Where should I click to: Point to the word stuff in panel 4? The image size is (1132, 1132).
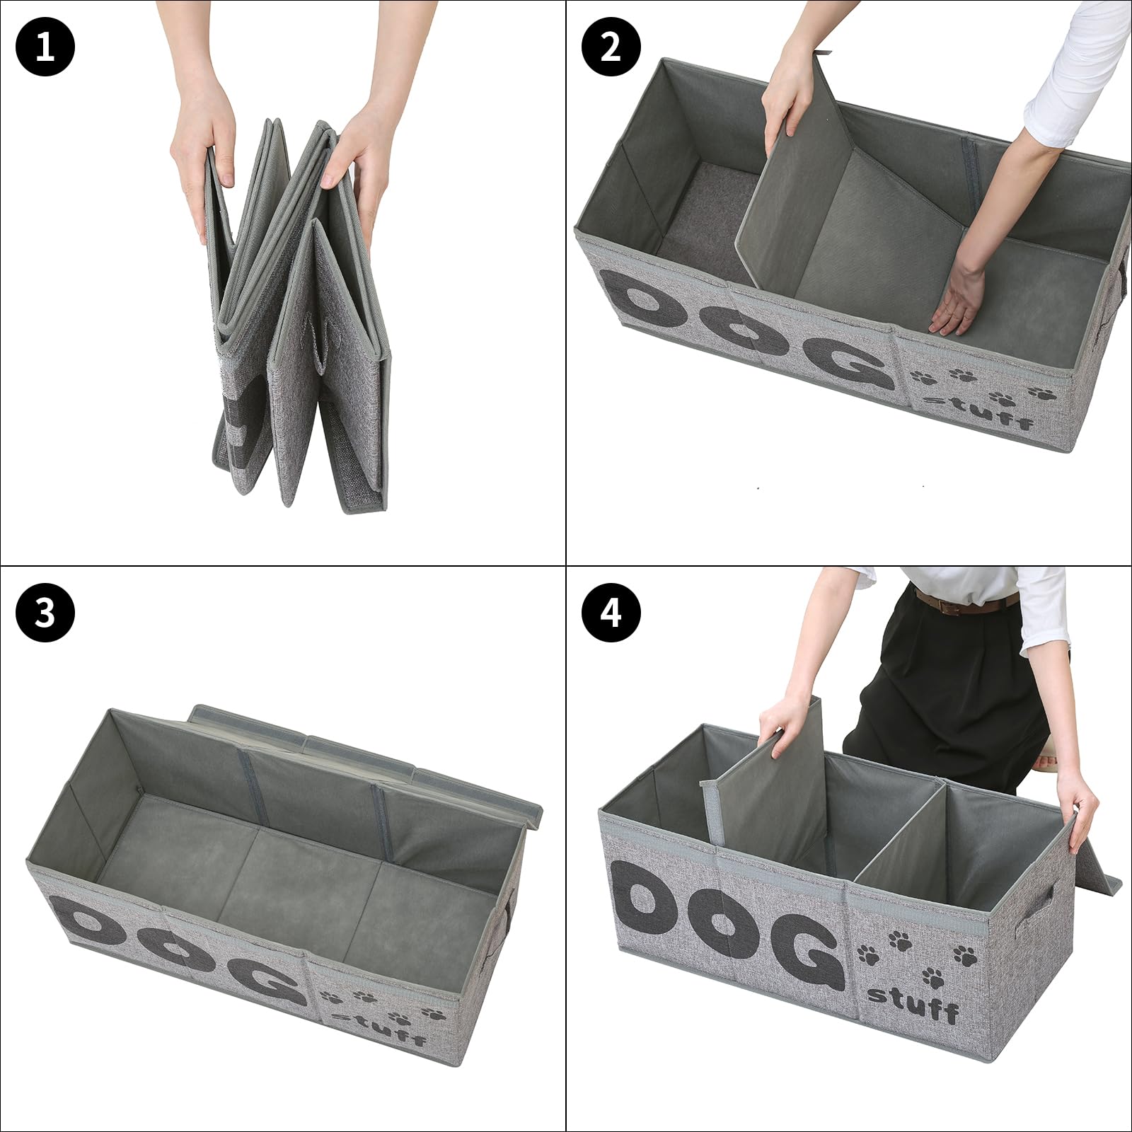(x=913, y=1004)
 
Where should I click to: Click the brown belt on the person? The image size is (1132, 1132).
(x=965, y=603)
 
